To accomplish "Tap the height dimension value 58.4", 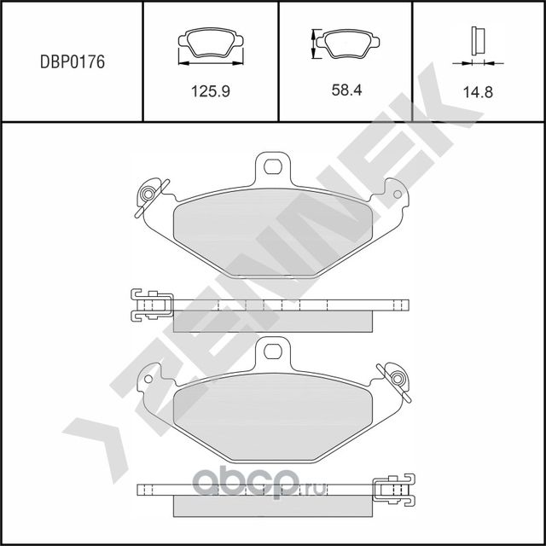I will coord(347,89).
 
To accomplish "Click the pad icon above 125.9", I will coord(210,44).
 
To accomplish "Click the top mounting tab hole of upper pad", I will coord(273,165).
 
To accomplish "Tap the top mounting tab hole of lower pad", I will coord(273,350).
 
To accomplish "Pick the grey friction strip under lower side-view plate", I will coord(273,506).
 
